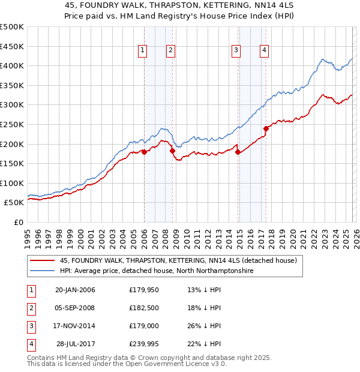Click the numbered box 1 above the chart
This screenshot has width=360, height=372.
143,51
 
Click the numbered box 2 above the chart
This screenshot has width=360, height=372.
171,51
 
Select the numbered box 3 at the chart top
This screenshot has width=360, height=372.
236,51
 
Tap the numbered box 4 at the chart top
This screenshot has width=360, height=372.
264,51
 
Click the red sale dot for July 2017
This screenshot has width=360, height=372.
266,128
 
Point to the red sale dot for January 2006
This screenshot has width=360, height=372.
144,152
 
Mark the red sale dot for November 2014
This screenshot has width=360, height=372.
238,152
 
